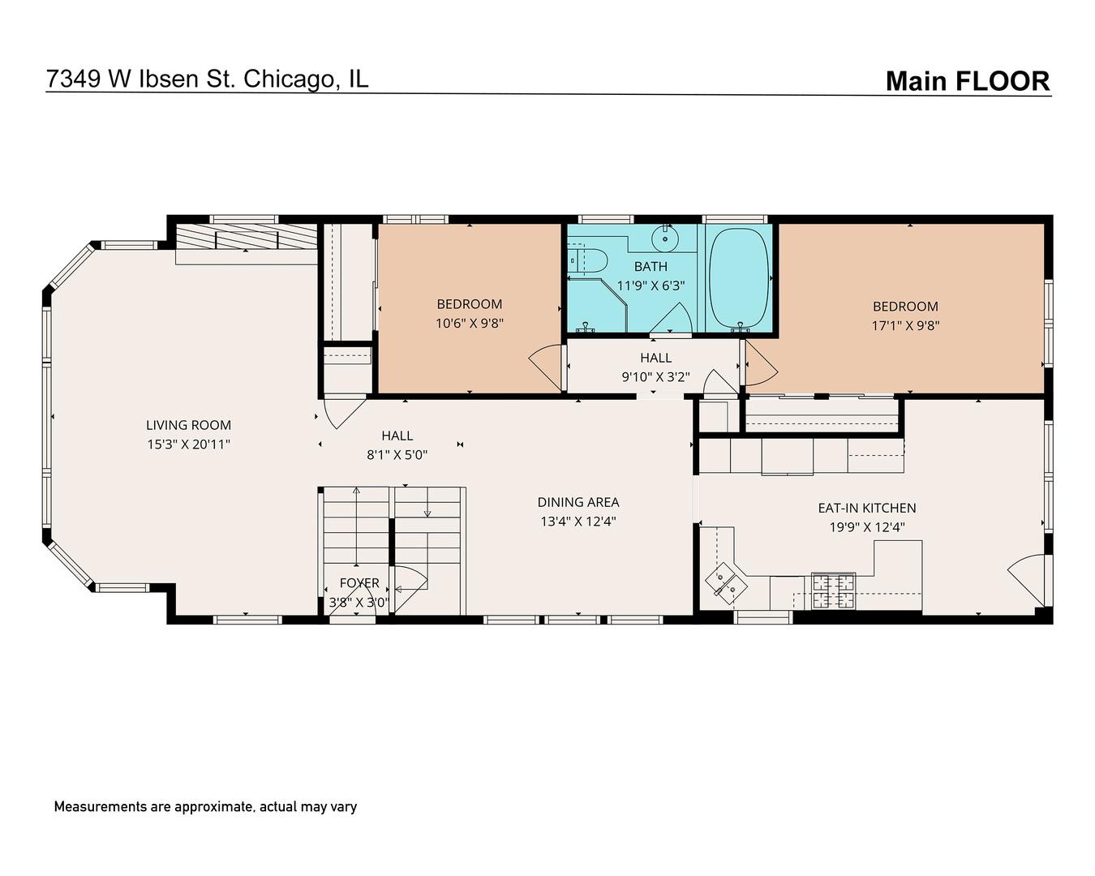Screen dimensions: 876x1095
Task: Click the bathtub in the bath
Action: click(739, 278)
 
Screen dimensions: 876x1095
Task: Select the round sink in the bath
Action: click(666, 238)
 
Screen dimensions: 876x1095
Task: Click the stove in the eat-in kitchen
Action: click(834, 591)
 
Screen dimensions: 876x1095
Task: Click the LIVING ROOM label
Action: click(188, 425)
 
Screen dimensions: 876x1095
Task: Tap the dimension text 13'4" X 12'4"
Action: click(578, 522)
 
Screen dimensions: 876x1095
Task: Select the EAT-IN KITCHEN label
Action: click(866, 508)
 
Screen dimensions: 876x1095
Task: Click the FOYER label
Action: click(359, 583)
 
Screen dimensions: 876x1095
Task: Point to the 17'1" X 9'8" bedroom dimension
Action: click(905, 325)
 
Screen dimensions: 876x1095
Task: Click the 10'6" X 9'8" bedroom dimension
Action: click(470, 323)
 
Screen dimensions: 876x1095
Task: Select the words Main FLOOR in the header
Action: click(967, 81)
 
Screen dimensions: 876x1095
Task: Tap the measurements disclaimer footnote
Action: click(205, 807)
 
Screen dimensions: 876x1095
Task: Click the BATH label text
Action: click(651, 266)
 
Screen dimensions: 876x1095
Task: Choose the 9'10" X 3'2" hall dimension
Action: click(655, 376)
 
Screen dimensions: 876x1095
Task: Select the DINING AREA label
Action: click(578, 502)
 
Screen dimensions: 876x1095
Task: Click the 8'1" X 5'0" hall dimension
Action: click(397, 455)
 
